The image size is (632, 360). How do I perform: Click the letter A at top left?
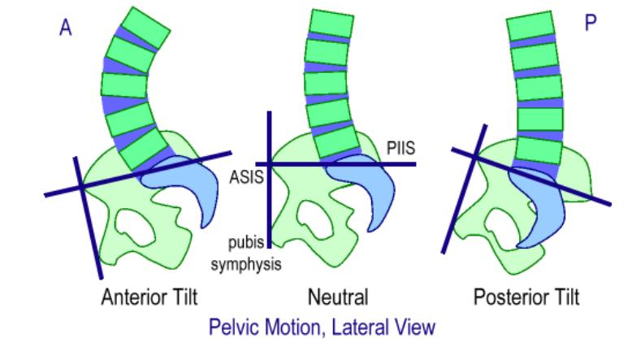click(x=66, y=28)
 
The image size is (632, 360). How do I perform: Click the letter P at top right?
click(x=591, y=23)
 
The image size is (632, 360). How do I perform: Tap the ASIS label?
click(x=246, y=177)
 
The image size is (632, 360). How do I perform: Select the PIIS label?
click(x=401, y=149)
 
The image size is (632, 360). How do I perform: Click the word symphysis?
click(x=246, y=265)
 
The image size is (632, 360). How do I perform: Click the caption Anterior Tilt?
click(x=149, y=297)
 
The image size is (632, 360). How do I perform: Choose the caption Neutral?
click(x=338, y=297)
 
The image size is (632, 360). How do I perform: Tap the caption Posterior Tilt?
click(x=526, y=297)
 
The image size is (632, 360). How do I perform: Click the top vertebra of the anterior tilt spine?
click(x=145, y=28)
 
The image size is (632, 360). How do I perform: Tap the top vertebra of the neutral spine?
click(x=331, y=24)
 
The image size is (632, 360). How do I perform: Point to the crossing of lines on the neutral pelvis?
click(x=270, y=164)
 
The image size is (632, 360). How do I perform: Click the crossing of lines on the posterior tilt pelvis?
click(x=476, y=157)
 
